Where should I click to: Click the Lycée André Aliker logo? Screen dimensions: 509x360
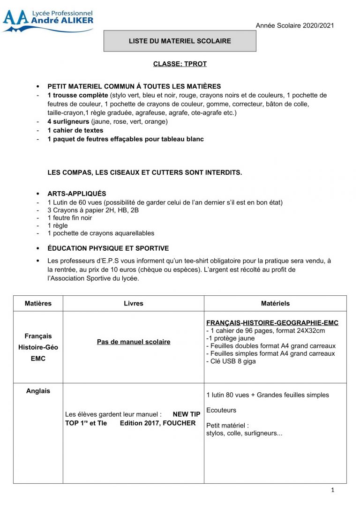click(x=48, y=21)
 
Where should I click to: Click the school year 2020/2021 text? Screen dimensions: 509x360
click(x=294, y=25)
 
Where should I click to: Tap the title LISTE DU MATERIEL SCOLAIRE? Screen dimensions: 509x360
click(x=180, y=41)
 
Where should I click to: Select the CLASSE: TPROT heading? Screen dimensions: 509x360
click(x=180, y=64)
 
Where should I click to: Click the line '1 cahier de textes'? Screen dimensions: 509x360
click(x=75, y=130)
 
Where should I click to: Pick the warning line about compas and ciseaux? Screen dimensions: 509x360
click(x=145, y=172)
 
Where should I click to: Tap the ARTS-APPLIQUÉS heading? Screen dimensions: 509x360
click(x=77, y=194)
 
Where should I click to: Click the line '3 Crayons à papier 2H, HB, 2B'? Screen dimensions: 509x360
click(x=93, y=210)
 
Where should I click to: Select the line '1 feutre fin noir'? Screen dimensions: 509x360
click(x=70, y=218)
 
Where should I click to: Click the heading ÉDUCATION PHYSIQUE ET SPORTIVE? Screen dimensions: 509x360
click(x=108, y=248)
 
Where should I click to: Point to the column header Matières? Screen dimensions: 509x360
click(x=38, y=303)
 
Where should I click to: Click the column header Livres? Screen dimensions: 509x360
click(x=134, y=303)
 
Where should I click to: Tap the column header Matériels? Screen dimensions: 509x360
click(x=275, y=303)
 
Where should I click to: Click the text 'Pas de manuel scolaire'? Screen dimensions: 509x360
click(x=134, y=342)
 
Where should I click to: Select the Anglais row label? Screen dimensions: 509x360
click(x=38, y=391)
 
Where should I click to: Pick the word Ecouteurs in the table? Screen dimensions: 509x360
click(x=221, y=411)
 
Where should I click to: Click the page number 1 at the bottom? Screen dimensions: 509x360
click(x=332, y=490)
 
